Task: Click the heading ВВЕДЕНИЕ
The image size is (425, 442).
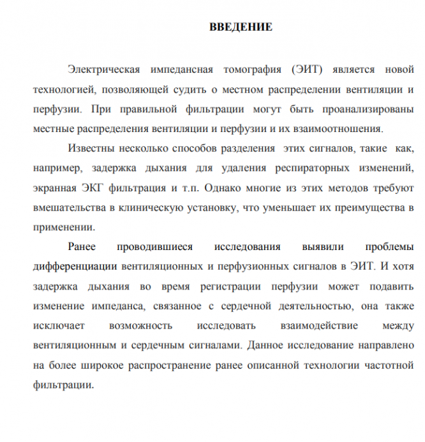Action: [x=241, y=27]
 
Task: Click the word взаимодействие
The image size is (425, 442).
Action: [x=308, y=325]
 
